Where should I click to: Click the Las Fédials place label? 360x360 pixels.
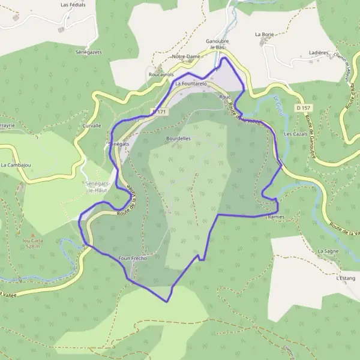click(x=73, y=4)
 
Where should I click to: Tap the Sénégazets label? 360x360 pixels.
click(x=89, y=52)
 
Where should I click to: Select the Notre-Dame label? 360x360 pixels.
click(x=185, y=56)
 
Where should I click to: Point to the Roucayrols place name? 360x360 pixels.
click(x=160, y=74)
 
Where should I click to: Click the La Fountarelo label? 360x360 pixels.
click(x=191, y=84)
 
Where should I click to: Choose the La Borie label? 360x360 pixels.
click(x=264, y=35)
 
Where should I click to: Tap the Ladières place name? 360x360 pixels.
click(x=319, y=53)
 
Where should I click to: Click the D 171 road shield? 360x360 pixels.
click(x=158, y=111)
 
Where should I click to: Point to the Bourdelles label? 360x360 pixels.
click(x=178, y=138)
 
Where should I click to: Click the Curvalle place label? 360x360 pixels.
click(x=91, y=126)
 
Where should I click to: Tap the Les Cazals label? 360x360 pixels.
click(x=296, y=134)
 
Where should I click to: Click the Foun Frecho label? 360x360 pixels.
click(x=133, y=258)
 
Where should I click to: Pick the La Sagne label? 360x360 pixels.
click(x=328, y=251)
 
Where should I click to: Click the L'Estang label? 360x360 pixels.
click(x=346, y=278)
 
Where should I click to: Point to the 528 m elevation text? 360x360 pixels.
click(x=32, y=246)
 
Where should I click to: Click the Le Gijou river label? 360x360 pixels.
click(x=278, y=106)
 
